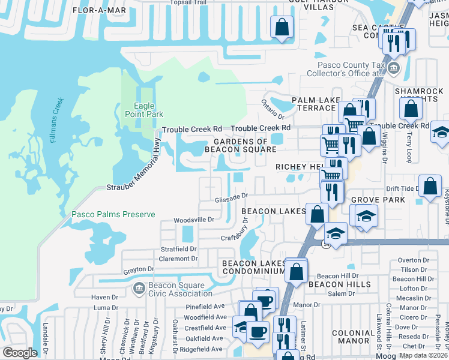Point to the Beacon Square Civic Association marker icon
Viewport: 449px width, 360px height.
pyautogui.click(x=138, y=289)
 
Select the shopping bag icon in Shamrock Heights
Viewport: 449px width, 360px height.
pyautogui.click(x=411, y=109)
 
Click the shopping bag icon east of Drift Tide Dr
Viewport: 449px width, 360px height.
pyautogui.click(x=430, y=186)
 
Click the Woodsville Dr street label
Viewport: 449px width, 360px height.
pyautogui.click(x=194, y=220)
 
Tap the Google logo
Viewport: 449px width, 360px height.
pyautogui.click(x=20, y=353)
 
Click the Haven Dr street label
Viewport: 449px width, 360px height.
pyautogui.click(x=105, y=297)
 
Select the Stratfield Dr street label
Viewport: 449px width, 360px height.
pyautogui.click(x=178, y=248)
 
